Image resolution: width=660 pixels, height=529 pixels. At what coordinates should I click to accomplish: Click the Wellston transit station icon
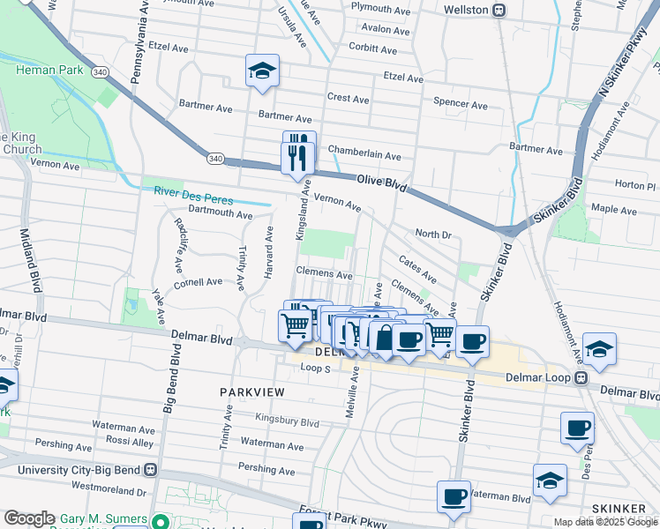[499, 10]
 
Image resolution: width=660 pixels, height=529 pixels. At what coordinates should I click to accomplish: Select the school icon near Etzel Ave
[262, 71]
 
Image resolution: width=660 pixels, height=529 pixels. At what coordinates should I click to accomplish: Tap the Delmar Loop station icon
[581, 377]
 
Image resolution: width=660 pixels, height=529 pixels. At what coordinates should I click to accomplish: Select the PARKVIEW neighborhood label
[250, 389]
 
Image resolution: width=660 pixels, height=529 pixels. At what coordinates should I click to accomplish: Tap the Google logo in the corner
[29, 518]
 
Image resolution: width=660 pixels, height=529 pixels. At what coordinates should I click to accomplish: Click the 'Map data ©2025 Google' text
[605, 522]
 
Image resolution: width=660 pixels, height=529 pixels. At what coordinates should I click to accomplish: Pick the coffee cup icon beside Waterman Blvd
[454, 496]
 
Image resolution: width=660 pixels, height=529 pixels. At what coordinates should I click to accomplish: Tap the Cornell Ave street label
[198, 282]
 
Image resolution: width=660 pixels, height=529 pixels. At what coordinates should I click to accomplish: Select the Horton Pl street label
[634, 185]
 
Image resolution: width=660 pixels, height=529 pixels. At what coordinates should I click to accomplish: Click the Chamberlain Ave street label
[364, 156]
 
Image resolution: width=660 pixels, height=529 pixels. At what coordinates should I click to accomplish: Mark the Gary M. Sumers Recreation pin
[159, 521]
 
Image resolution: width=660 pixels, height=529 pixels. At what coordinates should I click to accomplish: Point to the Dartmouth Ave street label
[220, 213]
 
